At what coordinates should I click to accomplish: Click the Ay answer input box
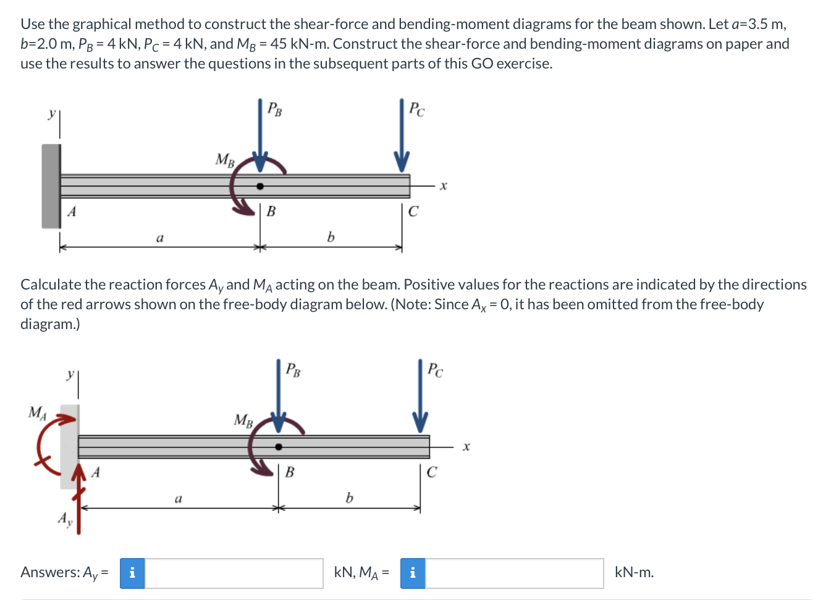pos(234,573)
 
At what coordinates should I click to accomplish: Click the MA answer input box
pos(514,573)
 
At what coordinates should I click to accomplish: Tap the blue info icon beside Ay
pos(132,573)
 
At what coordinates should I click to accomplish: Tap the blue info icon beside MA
pos(412,573)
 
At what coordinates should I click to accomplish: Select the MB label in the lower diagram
pos(243,420)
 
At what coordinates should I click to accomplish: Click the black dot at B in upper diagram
pos(260,186)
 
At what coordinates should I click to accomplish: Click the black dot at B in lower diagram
pos(279,446)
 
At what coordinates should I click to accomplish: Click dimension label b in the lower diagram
pos(349,498)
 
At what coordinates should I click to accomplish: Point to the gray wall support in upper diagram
pos(51,186)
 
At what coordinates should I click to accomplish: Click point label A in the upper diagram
pos(72,212)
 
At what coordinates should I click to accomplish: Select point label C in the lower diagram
pos(432,472)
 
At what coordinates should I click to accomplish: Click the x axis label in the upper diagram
pos(443,185)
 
